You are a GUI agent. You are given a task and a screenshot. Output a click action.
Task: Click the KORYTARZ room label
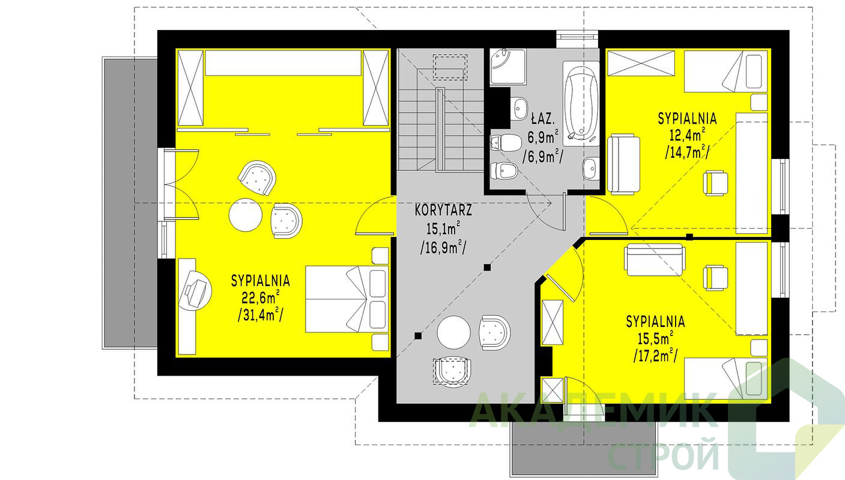tap(443, 210)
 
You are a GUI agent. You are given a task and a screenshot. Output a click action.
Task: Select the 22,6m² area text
tap(261, 298)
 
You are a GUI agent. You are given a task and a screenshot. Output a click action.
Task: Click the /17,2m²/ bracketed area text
tap(655, 355)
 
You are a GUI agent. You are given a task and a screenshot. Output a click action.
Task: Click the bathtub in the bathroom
tap(581, 103)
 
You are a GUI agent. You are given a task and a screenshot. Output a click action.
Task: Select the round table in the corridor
tap(453, 332)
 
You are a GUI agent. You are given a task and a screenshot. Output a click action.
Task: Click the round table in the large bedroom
tap(246, 215)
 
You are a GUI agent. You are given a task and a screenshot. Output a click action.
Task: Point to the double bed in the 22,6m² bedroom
tap(347, 299)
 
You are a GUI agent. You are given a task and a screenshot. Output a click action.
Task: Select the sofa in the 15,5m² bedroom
tap(655, 260)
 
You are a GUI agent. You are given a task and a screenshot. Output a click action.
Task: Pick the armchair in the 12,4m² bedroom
tap(716, 184)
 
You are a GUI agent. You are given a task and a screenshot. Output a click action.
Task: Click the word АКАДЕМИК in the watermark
tap(593, 410)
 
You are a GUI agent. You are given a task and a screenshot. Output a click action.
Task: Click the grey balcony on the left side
tap(130, 203)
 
